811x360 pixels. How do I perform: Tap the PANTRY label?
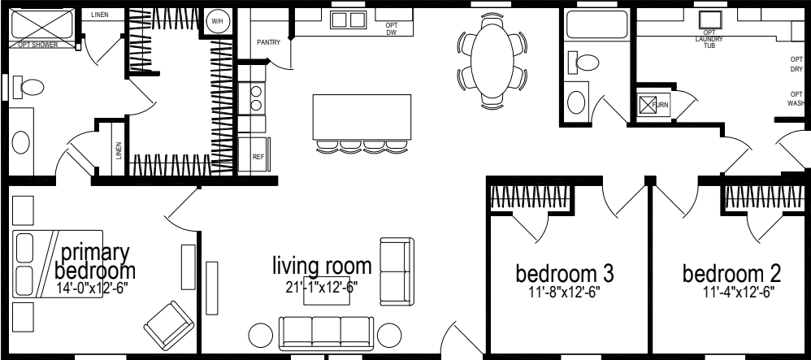click(267, 42)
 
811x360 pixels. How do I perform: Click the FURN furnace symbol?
click(649, 105)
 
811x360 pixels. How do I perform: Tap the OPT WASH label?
click(796, 98)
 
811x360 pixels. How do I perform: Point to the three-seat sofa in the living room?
click(325, 332)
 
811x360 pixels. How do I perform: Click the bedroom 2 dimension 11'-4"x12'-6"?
click(727, 290)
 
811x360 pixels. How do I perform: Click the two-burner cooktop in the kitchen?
click(257, 97)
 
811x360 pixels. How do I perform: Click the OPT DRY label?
click(796, 64)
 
